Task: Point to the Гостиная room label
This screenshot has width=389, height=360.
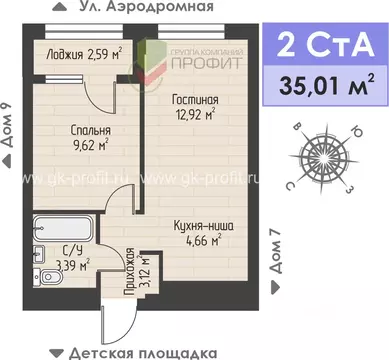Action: [x=195, y=101]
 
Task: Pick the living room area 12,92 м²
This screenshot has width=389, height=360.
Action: [x=195, y=116]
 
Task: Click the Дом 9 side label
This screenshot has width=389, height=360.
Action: [x=8, y=128]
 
